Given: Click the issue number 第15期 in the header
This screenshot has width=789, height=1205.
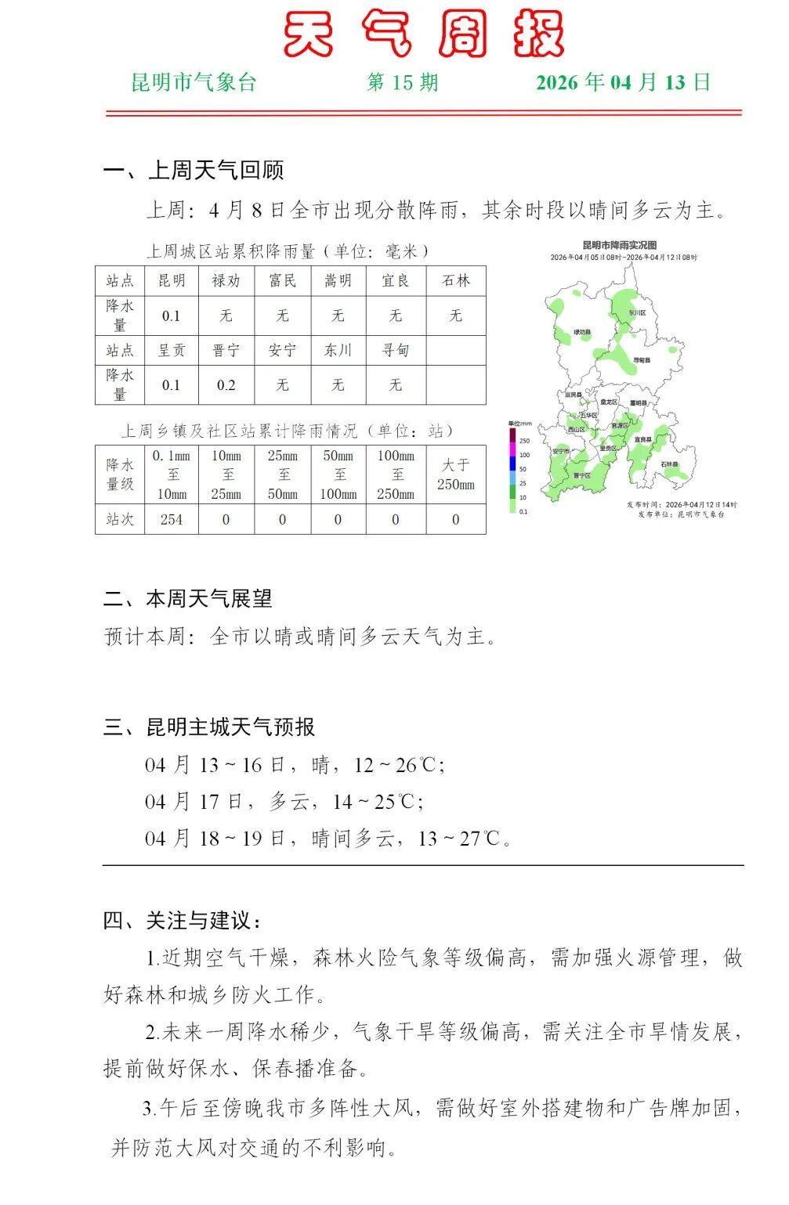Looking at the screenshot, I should point(403,83).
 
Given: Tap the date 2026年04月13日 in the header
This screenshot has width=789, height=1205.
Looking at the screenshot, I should point(623,83).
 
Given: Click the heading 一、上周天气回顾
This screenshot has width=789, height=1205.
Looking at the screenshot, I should point(194,170).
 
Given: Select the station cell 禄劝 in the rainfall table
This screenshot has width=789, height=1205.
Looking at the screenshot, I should point(226,281).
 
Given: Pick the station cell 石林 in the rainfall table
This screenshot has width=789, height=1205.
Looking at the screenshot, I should point(455,281).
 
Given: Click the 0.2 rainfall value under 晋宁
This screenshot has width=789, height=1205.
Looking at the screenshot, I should point(226,385).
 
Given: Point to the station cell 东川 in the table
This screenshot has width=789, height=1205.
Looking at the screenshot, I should point(338,350).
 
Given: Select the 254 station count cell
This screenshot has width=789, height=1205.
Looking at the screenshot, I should point(172,520).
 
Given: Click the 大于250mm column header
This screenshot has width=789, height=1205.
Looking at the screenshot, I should point(455,474).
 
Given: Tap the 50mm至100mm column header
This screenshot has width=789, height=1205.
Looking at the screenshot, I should point(338,474).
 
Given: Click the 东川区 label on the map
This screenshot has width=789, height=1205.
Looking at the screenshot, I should point(637,313).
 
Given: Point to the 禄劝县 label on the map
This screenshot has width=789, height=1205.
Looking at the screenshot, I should point(581,333).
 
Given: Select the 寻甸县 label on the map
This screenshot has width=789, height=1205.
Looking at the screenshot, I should point(642,360).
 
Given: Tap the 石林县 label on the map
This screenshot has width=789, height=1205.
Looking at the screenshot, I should point(668,464).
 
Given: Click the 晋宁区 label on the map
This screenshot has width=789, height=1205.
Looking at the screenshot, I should point(581,475).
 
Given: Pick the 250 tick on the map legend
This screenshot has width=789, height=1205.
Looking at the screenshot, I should point(524,441).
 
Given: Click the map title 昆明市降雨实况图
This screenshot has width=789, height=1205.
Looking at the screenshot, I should point(619,246).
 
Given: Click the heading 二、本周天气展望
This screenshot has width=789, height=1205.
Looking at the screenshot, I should point(188,599).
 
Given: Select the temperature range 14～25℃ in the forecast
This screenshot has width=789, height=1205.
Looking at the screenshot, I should point(373,802).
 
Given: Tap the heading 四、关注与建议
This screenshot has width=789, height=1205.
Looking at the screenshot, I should point(183,921).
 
